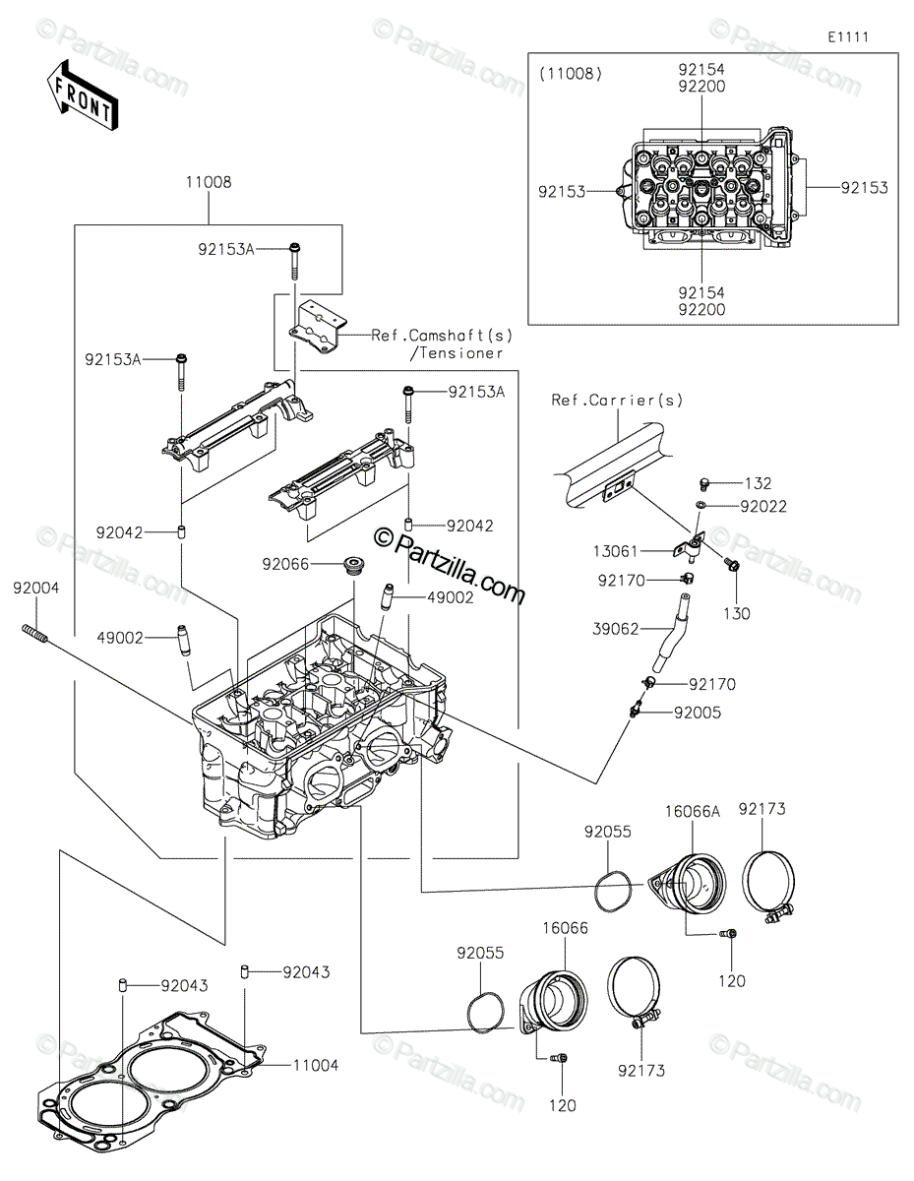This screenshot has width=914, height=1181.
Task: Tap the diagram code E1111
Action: [848, 37]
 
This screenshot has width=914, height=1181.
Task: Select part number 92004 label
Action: [36, 588]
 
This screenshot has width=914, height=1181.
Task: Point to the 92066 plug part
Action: [351, 568]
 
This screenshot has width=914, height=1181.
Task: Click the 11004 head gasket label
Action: [315, 1065]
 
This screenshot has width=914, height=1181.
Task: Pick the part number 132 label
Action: [759, 483]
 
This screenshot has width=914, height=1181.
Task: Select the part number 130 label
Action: [737, 613]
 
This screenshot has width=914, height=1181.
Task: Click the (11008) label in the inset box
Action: [572, 73]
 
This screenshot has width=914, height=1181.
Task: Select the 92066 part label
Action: [286, 564]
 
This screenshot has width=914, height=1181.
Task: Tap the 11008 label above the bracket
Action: [208, 182]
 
